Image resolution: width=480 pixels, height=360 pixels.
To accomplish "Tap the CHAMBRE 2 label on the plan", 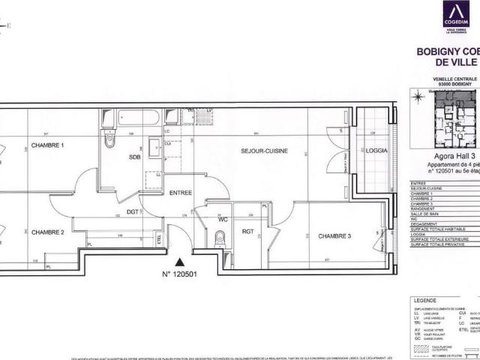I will coord(47,232).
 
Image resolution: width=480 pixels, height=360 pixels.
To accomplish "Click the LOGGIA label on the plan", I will coord(376,151).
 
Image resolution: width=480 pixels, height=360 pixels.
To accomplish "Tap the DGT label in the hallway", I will coord(132,212).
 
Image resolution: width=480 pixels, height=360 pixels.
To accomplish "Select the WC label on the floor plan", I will coord(223,219).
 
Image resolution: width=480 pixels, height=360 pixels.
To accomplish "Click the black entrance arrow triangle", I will coord(179,262).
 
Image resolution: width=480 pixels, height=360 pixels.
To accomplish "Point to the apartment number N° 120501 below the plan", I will coord(179,274).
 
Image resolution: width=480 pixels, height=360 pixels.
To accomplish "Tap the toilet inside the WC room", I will coord(219,238).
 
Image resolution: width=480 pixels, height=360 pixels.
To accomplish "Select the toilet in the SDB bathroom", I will coord(110,139).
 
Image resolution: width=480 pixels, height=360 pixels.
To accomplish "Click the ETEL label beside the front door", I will coord(159,239).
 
